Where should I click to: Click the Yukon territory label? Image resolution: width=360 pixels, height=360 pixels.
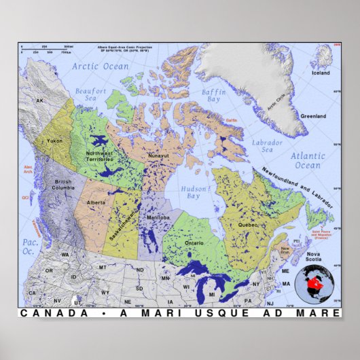pyautogui.click(x=55, y=141)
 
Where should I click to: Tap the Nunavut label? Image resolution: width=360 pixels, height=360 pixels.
pyautogui.click(x=159, y=156)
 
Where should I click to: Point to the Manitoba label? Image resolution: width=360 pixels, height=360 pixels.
pyautogui.click(x=158, y=217)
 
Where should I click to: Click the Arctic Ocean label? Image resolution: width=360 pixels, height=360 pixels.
pyautogui.click(x=101, y=67)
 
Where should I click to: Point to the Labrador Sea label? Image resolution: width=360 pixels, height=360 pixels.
pyautogui.click(x=267, y=146)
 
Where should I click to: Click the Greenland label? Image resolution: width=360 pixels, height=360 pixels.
pyautogui.click(x=313, y=116)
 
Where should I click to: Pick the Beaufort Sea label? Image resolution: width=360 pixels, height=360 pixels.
pyautogui.click(x=91, y=94)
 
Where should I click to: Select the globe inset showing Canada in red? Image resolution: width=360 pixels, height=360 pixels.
pyautogui.click(x=317, y=283)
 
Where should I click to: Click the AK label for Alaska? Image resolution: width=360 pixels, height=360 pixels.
pyautogui.click(x=40, y=101)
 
